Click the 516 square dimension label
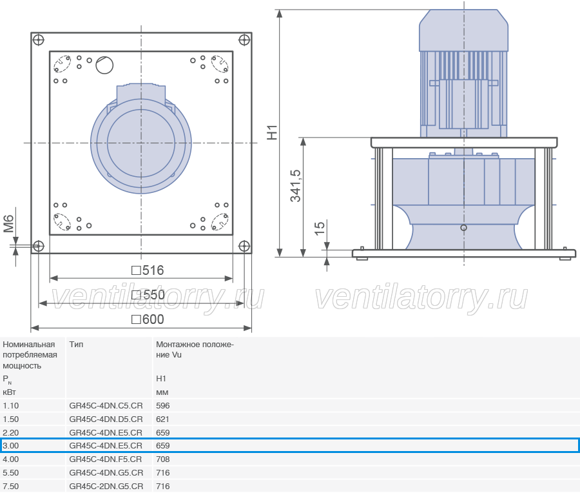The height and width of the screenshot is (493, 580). click(x=148, y=270)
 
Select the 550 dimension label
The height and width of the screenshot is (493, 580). click(x=148, y=295)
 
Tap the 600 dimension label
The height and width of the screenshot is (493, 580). click(x=148, y=319)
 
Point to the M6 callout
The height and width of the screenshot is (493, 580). click(x=8, y=224)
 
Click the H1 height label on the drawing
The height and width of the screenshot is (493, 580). click(x=272, y=132)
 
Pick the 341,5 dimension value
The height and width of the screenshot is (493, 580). click(x=296, y=186)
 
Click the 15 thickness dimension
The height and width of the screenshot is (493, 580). click(x=319, y=228)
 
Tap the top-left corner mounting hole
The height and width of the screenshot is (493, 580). click(x=39, y=39)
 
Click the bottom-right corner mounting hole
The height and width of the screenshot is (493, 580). click(x=244, y=246)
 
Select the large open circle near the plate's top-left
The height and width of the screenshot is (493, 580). click(x=104, y=65)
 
